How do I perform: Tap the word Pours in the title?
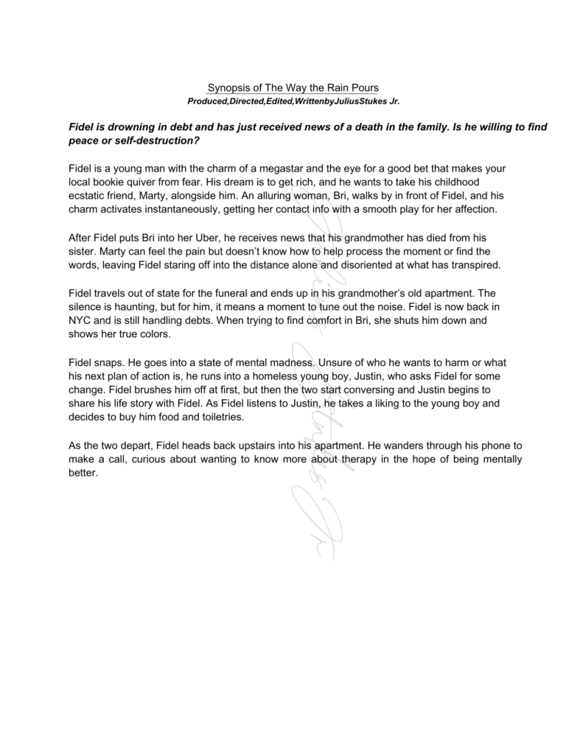363,88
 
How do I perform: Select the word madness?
294,362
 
